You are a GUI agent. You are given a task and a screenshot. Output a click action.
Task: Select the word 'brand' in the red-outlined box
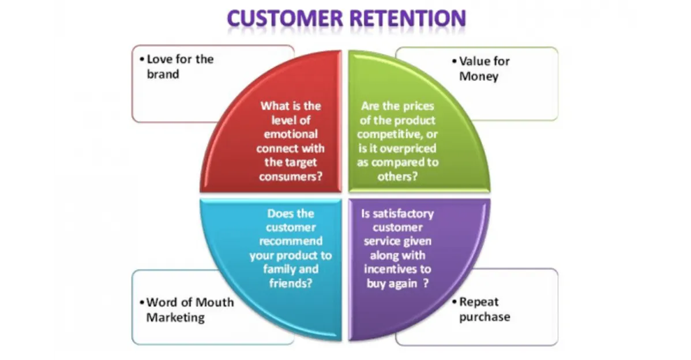163,74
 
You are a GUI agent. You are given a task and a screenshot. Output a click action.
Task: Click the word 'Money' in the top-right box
479,77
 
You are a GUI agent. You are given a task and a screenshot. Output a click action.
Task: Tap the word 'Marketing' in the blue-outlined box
175,317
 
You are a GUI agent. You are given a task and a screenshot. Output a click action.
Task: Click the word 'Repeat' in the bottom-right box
479,302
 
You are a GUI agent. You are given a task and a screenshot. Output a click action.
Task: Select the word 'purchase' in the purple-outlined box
485,317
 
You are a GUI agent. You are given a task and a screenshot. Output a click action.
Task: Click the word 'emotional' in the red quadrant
290,134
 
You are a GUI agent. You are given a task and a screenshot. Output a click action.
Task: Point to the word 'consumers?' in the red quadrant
290,177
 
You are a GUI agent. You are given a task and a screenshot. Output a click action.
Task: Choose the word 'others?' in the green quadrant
397,177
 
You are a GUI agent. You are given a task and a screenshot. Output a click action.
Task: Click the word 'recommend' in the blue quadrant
290,241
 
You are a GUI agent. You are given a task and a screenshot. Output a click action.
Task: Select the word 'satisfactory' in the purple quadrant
397,213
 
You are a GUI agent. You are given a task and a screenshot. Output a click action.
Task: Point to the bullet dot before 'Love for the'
142,59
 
